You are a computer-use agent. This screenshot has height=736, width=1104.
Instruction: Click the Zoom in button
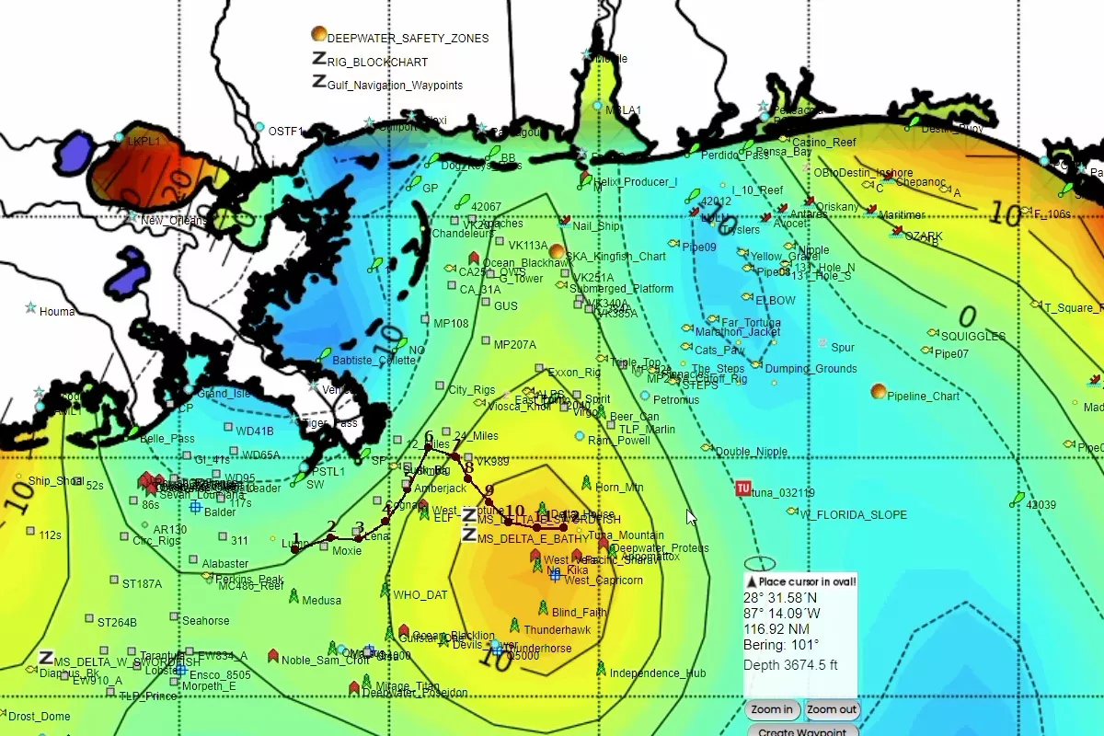(771, 709)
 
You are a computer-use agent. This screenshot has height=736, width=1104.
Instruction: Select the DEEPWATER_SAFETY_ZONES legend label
(408, 39)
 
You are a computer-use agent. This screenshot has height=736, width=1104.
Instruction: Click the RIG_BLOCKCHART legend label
(377, 63)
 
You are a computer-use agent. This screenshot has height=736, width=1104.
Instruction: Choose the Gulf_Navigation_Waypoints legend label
(395, 86)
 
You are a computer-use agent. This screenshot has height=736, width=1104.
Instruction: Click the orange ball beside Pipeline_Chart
(879, 392)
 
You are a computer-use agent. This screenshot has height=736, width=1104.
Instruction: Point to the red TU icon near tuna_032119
(742, 489)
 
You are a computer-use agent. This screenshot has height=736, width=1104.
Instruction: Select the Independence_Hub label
(658, 673)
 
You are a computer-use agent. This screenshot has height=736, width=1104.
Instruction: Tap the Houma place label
(57, 312)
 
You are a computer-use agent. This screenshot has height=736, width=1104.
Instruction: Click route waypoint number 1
(294, 548)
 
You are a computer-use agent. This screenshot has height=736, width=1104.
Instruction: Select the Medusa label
(321, 601)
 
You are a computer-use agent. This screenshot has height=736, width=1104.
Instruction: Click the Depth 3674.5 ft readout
(790, 665)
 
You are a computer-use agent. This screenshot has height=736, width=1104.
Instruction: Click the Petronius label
(676, 401)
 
